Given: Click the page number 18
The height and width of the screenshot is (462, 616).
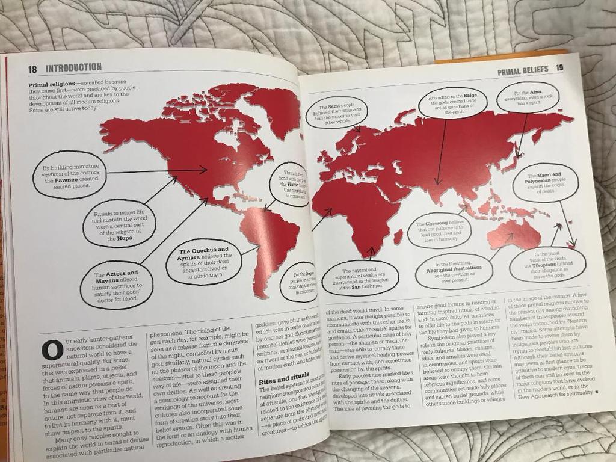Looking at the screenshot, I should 32,69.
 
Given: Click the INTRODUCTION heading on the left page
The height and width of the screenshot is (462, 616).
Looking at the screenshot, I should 73,67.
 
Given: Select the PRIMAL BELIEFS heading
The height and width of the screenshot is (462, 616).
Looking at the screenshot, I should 522,70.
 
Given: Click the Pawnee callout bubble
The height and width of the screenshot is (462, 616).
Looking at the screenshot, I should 69,174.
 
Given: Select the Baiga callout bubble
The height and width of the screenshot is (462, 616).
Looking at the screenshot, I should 452,103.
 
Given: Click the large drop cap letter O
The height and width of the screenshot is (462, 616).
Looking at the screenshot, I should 52,351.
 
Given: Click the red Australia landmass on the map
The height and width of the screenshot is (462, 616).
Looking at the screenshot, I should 514,233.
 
